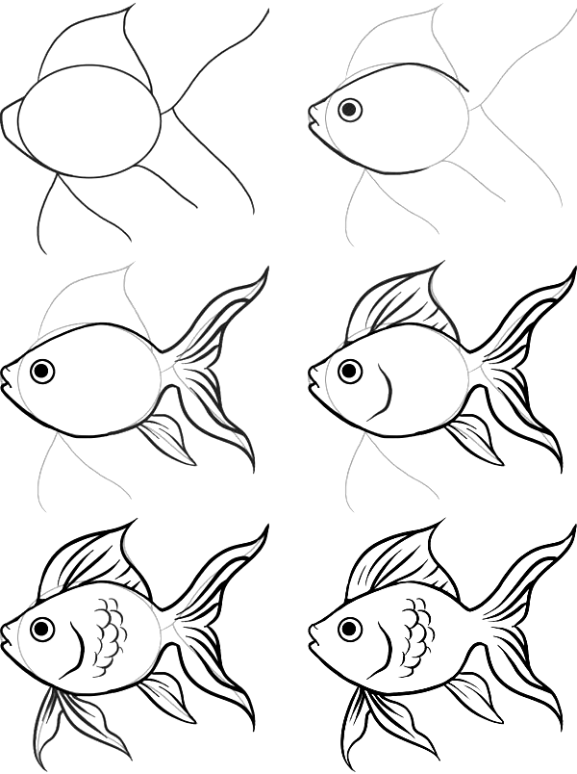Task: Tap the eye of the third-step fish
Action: point(41,371)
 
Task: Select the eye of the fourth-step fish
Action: point(350,371)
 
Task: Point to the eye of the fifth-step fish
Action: point(41,630)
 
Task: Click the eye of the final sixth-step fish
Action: point(350,630)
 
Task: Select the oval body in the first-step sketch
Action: point(88,120)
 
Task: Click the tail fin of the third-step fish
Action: point(216,356)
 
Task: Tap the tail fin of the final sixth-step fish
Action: point(524,616)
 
